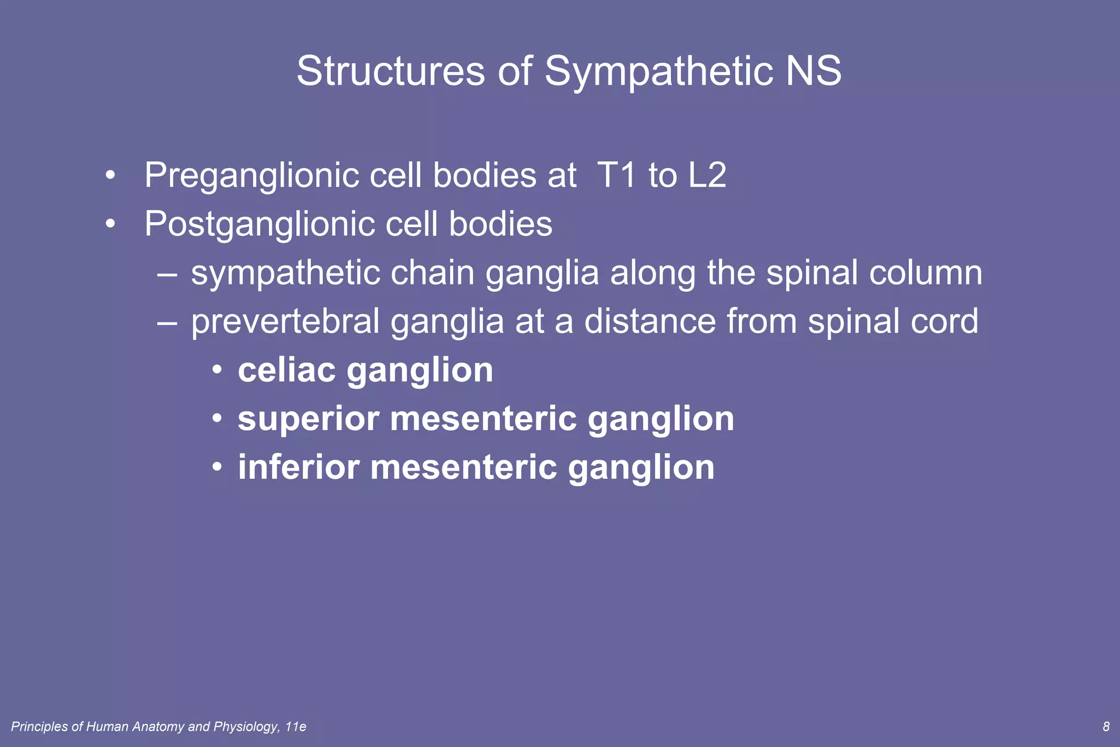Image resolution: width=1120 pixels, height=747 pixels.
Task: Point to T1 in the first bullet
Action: tap(617, 175)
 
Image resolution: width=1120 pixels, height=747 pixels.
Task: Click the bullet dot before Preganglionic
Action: tap(111, 176)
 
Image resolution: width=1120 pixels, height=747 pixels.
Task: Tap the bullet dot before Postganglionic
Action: tap(111, 224)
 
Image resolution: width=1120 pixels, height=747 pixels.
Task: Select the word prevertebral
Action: tap(285, 321)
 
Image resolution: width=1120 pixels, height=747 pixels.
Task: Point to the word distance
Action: tap(650, 321)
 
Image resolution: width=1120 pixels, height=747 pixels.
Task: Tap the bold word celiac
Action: tap(287, 370)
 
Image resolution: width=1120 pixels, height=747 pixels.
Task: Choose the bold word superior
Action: tap(308, 420)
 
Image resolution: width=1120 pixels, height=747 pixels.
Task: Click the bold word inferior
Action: tap(299, 467)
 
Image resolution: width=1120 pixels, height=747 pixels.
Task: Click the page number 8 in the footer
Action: tap(1106, 727)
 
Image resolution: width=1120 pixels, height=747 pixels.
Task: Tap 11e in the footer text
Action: tap(296, 727)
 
